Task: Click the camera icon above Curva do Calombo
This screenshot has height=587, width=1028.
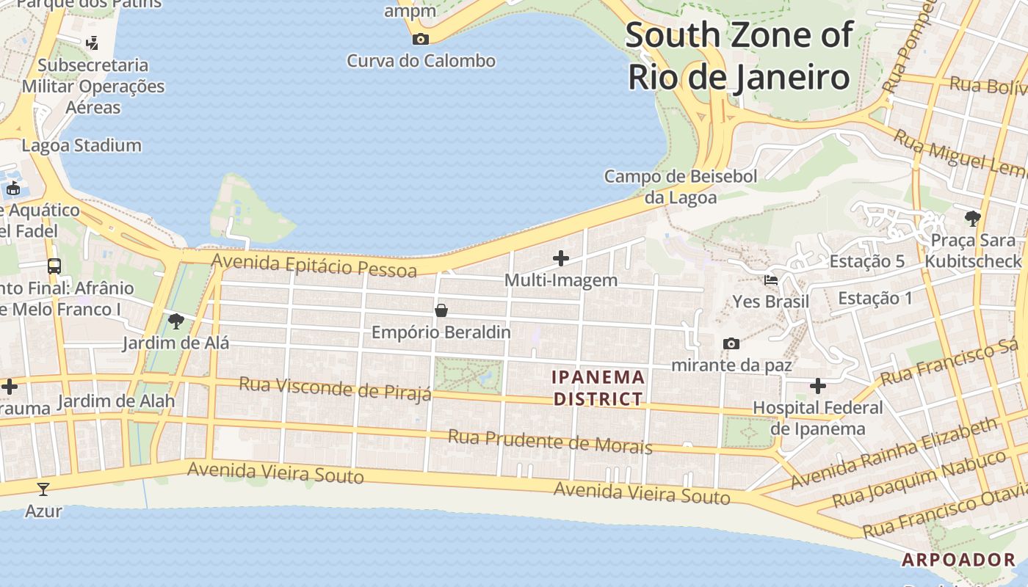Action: click(421, 39)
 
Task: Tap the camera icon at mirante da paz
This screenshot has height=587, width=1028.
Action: click(731, 343)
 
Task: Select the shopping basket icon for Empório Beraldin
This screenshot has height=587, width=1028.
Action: click(441, 310)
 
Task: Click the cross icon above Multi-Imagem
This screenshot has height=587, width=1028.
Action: click(561, 258)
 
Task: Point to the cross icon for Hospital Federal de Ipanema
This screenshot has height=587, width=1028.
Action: click(818, 386)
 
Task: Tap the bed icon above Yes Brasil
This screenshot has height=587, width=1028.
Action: click(771, 280)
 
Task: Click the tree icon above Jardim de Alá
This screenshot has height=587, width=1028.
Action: click(175, 321)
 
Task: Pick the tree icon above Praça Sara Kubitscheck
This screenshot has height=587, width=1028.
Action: click(973, 218)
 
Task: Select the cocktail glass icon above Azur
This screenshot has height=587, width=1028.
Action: click(43, 489)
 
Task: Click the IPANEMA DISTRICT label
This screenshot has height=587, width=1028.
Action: click(598, 388)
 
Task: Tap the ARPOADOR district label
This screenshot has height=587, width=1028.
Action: click(958, 560)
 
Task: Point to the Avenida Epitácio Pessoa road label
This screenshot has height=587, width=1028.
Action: click(314, 266)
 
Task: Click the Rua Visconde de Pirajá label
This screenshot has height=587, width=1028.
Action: click(336, 388)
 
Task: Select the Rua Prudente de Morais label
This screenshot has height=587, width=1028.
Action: click(550, 442)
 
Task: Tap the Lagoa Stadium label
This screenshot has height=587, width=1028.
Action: click(82, 145)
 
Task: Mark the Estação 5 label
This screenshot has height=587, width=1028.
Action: click(866, 261)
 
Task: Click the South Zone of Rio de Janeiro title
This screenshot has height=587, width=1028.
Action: click(739, 56)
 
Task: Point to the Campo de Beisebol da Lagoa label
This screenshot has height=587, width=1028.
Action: click(680, 186)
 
